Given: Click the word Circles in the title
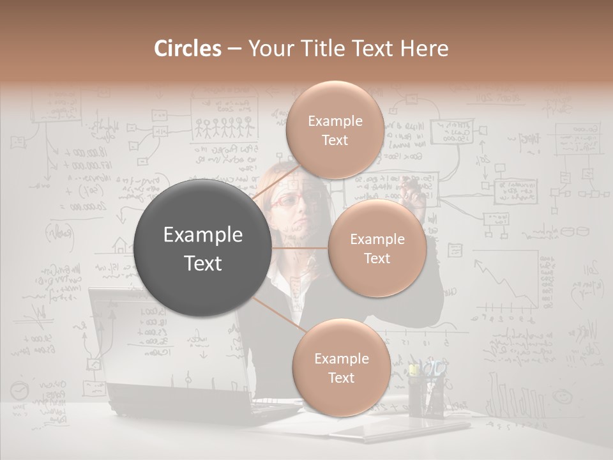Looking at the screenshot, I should coord(188,49).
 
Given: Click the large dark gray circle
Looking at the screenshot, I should coord(203,249).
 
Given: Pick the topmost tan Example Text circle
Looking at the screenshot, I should coord(334,130).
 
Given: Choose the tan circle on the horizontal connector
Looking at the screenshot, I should coord(377,249).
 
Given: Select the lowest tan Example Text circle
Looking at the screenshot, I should coord(341,367).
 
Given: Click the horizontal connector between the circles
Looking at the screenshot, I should coord(300,248).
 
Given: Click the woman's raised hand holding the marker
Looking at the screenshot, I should coord(416,197).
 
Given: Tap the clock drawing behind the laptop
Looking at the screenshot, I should coord(20,390).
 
